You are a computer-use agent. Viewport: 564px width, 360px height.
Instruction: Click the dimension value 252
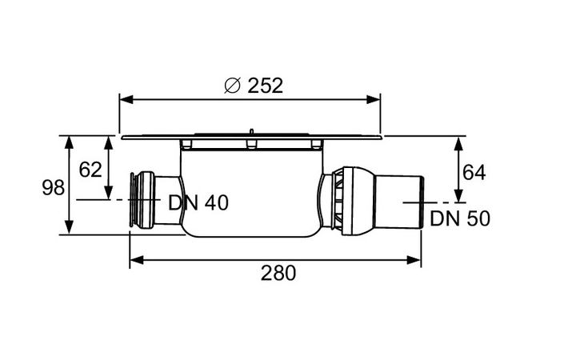(x=263, y=85)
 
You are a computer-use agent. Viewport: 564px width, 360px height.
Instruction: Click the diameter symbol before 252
(x=231, y=85)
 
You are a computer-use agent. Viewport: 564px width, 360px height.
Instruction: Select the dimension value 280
(x=278, y=273)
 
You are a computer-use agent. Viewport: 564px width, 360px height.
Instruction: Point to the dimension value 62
(x=90, y=170)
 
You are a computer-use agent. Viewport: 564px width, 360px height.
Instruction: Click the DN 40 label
(x=198, y=203)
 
